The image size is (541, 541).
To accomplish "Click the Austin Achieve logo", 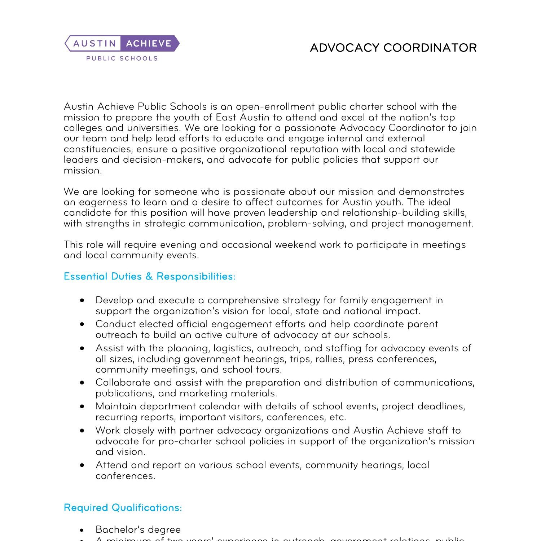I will (122, 44).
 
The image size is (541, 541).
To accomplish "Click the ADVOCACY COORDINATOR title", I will (393, 48).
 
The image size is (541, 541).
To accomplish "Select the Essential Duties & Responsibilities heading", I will (149, 277).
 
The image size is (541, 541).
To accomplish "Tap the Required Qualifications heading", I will (123, 508).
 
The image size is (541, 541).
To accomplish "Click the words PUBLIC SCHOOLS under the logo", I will (122, 58).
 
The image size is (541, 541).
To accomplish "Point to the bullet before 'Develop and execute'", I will (83, 300).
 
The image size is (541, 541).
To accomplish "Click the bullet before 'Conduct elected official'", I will (83, 324).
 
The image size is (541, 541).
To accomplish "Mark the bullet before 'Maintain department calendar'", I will (83, 406).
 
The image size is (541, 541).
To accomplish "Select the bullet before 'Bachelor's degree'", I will (83, 530).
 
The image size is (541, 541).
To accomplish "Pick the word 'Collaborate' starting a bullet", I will (123, 383).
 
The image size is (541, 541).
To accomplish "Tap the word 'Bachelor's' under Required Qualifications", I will (117, 530).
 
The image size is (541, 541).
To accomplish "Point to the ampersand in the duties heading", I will (149, 277).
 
